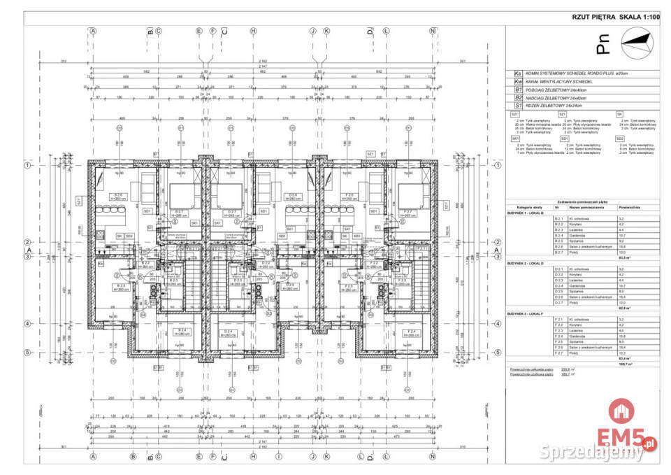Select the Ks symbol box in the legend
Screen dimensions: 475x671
click(x=518, y=73)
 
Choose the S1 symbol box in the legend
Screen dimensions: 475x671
click(x=518, y=106)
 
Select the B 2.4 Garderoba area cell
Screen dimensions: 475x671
click(x=621, y=236)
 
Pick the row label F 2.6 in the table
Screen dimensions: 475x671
click(x=558, y=347)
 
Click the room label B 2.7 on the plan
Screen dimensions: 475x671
click(x=180, y=212)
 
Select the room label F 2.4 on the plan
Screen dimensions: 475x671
click(x=412, y=332)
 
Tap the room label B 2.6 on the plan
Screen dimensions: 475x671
click(x=120, y=196)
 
